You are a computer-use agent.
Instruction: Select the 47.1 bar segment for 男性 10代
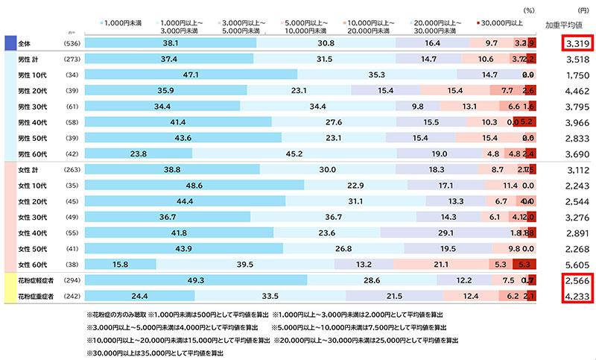click(190, 75)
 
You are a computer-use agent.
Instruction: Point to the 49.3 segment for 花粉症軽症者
click(195, 280)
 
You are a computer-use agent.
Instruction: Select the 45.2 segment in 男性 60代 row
click(294, 154)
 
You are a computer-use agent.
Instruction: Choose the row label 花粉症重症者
click(37, 296)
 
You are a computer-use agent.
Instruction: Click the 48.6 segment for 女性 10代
click(194, 186)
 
